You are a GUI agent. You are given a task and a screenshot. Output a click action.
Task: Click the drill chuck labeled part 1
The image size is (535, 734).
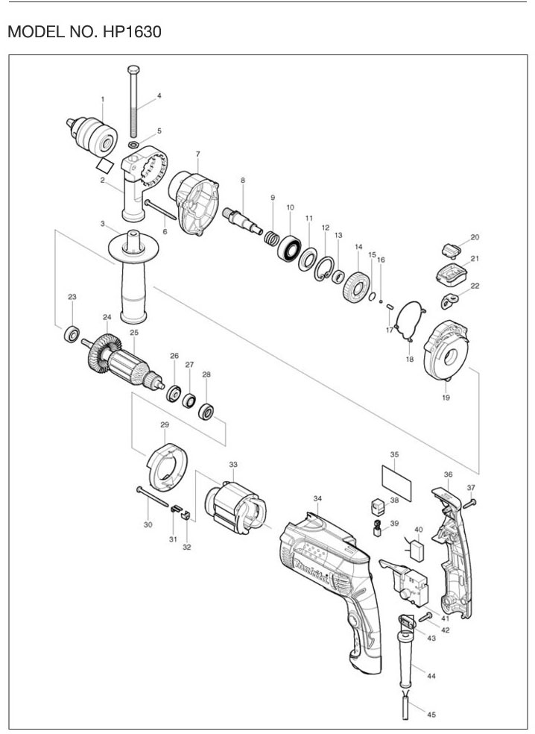coord(92,135)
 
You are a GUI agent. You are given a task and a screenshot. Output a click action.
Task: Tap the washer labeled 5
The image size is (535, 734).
coord(133,144)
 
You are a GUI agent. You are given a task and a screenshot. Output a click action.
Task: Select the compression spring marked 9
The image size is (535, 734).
coord(271,239)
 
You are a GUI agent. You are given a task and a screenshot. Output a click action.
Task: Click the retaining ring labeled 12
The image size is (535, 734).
coord(324,269)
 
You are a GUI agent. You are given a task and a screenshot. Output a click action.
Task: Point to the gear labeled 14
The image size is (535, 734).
coord(357,287)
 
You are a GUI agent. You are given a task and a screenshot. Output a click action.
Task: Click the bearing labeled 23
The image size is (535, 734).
coord(72,334)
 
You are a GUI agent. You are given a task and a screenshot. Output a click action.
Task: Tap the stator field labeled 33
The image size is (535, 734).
coord(235,508)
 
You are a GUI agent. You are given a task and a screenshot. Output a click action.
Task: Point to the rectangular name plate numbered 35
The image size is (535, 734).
coord(396,483)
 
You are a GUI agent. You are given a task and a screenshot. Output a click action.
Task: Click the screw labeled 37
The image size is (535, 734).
coord(469,504)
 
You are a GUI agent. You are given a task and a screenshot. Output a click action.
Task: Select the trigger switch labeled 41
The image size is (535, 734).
coord(405,582)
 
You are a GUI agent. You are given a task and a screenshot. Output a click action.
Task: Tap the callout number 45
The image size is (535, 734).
coord(431,715)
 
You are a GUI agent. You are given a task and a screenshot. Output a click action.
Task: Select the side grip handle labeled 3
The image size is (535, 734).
coord(134,276)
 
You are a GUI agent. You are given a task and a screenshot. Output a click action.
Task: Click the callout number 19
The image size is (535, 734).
coord(446,398)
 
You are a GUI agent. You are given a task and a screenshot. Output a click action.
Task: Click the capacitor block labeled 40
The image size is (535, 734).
coord(417,550)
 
